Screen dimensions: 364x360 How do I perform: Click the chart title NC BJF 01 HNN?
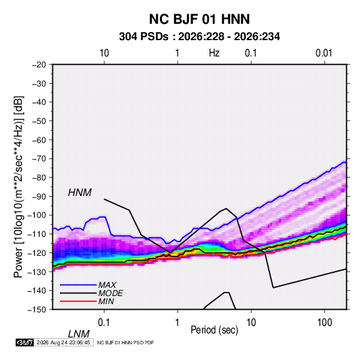(199, 19)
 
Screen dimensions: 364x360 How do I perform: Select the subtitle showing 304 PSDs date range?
(199, 37)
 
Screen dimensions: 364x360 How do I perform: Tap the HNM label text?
(80, 193)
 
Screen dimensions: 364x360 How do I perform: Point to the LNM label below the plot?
(79, 334)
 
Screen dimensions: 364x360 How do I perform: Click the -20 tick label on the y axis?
(39, 65)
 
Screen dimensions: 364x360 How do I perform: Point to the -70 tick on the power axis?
(39, 159)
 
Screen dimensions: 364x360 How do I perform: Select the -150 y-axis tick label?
(37, 310)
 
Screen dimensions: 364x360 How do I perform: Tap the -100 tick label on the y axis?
(37, 215)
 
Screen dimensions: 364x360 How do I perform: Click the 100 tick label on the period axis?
(325, 323)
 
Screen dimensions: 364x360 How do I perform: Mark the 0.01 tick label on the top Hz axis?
(324, 53)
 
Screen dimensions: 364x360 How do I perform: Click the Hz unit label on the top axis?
(214, 53)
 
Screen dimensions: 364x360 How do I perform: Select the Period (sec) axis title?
(214, 330)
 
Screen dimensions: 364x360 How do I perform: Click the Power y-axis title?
(19, 187)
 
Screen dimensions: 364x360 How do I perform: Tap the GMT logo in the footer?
(25, 342)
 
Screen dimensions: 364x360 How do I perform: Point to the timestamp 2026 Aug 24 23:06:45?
(63, 342)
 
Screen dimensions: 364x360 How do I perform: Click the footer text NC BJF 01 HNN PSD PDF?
(125, 342)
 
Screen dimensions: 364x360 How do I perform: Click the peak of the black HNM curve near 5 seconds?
(226, 208)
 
